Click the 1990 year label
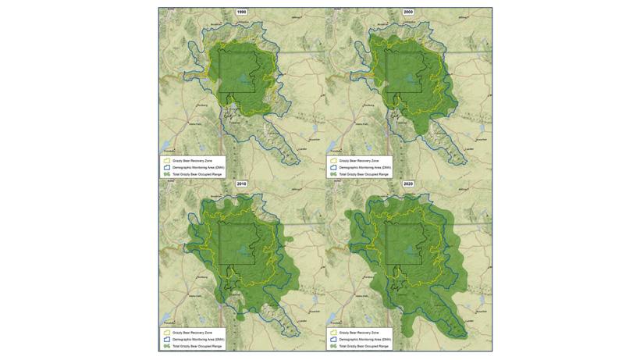(x=242, y=12)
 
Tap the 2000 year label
(x=408, y=12)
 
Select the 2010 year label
(x=242, y=184)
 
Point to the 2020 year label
(x=408, y=184)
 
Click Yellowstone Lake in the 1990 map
(x=247, y=80)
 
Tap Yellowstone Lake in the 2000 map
(x=414, y=80)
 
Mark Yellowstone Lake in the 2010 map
(x=247, y=251)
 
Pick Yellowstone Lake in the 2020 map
(x=414, y=251)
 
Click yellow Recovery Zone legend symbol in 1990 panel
(x=167, y=160)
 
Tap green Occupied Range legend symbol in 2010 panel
(x=167, y=345)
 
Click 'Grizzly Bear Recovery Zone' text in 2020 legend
(x=359, y=332)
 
